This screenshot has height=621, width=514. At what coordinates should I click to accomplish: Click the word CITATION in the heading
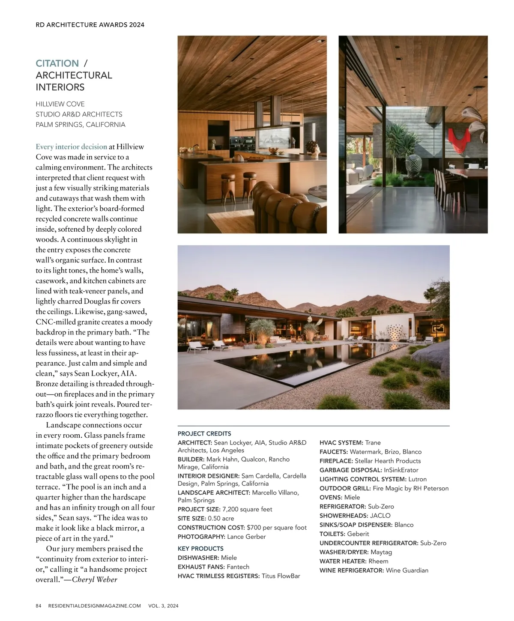[x=57, y=63]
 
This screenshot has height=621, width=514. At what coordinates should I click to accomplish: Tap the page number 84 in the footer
[x=38, y=606]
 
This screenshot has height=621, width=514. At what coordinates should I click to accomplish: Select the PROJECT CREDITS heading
[x=204, y=433]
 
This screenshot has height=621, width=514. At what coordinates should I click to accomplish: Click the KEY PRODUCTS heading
[x=200, y=548]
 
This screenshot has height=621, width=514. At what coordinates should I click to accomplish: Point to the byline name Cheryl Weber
[x=95, y=579]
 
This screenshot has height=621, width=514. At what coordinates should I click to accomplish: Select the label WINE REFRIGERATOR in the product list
[x=352, y=570]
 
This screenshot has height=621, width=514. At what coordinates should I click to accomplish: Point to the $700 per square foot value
[x=277, y=527]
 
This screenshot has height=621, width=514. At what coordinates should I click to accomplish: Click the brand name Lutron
[x=417, y=479]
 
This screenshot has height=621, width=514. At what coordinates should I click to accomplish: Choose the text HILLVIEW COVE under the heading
[x=60, y=104]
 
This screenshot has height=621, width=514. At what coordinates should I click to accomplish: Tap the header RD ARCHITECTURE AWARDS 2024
[x=90, y=25]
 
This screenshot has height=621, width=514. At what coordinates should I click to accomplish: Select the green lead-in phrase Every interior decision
[x=71, y=146]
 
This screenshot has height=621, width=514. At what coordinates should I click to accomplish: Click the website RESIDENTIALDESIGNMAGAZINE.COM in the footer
[x=95, y=606]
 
